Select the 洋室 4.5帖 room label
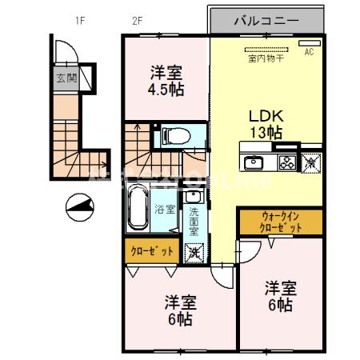[x=166, y=81]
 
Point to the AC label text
[x=310, y=53]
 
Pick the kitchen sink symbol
[x=254, y=163]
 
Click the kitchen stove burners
[x=286, y=163]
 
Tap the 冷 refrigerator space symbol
[x=310, y=162]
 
